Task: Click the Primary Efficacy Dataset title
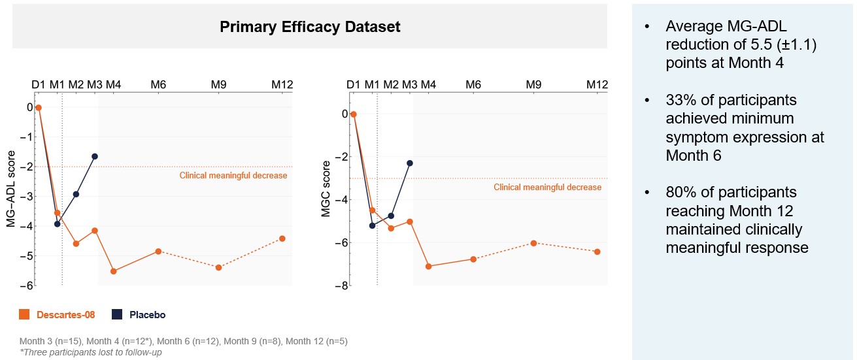click(x=310, y=27)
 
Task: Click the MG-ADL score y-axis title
click(x=11, y=188)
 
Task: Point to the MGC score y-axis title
click(x=326, y=188)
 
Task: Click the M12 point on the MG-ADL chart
click(x=282, y=238)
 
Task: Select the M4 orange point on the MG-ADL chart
click(x=114, y=271)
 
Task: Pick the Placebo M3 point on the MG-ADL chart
click(x=95, y=157)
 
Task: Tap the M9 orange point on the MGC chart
click(x=533, y=243)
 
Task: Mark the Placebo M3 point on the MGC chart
click(x=410, y=163)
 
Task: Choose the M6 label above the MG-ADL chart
click(x=158, y=85)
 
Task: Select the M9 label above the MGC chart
click(x=533, y=85)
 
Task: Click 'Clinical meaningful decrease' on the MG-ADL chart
click(x=233, y=175)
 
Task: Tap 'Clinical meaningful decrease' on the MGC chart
click(x=547, y=188)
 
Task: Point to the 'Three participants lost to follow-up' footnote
click(x=91, y=353)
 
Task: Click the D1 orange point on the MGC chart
click(x=354, y=114)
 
